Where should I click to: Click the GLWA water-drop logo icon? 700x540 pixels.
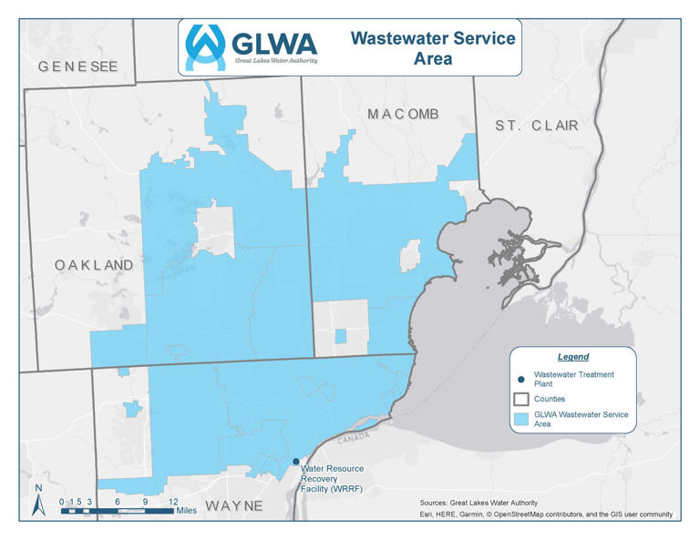[205, 46]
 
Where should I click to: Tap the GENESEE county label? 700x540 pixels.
[77, 66]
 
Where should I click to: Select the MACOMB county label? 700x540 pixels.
[403, 114]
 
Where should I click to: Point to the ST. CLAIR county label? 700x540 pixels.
[537, 125]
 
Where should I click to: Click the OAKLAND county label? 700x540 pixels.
[94, 265]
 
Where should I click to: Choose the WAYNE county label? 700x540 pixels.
[233, 505]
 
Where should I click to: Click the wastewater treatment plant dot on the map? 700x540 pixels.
[295, 462]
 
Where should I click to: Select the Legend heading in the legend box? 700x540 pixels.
[573, 357]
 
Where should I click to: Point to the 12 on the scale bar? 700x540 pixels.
[173, 501]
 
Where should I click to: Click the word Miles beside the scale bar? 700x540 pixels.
[187, 511]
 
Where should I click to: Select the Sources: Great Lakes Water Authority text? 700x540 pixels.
[479, 503]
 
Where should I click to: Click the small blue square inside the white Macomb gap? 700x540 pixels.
[340, 337]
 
